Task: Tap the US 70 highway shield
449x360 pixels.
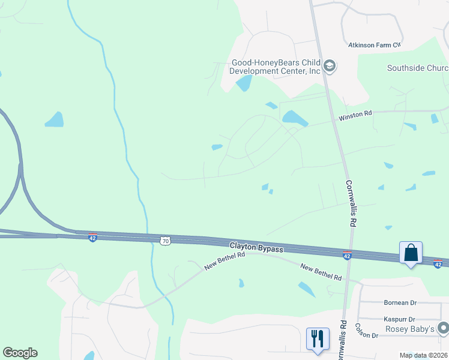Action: pyautogui.click(x=166, y=241)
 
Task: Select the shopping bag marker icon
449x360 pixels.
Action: pyautogui.click(x=411, y=253)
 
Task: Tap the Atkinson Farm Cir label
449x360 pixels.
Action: pyautogui.click(x=375, y=45)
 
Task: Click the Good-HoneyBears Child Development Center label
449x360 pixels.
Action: pyautogui.click(x=276, y=66)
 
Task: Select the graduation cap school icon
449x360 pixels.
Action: pyautogui.click(x=329, y=65)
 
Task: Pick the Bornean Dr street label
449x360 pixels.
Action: pyautogui.click(x=400, y=303)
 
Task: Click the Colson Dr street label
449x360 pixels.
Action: pyautogui.click(x=366, y=331)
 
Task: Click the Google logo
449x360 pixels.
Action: pyautogui.click(x=20, y=353)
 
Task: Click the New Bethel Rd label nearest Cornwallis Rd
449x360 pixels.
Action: pyautogui.click(x=321, y=273)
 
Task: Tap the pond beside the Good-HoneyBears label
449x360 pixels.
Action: pyautogui.click(x=244, y=84)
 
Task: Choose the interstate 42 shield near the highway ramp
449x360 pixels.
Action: pyautogui.click(x=92, y=238)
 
